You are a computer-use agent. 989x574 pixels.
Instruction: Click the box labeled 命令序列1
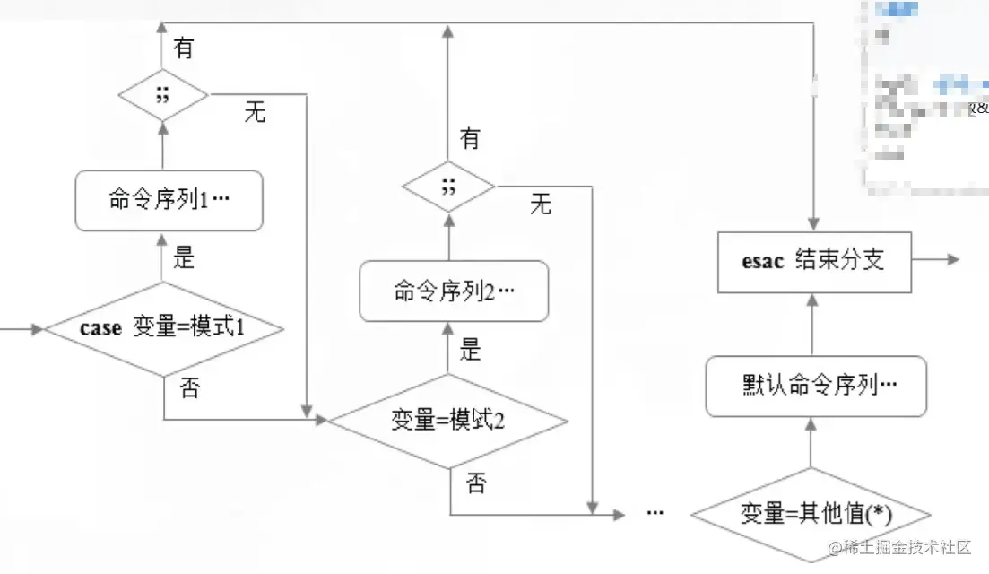coord(169,199)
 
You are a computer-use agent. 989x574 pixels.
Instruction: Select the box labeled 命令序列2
coord(453,291)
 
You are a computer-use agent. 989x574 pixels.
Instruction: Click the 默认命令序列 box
coord(816,385)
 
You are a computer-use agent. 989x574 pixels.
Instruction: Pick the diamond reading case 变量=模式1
coord(164,328)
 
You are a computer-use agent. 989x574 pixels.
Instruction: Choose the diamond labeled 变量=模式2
coord(448,420)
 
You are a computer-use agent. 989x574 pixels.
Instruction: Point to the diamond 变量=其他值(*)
coord(811,514)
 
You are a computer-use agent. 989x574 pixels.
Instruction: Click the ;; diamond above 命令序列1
coord(162,94)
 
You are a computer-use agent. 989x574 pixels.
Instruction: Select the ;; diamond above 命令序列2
coord(448,187)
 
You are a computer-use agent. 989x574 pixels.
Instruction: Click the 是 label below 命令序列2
coord(471,350)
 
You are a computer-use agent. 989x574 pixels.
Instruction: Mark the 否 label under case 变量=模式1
coord(189,389)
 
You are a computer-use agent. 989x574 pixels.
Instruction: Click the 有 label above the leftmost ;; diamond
coord(184,48)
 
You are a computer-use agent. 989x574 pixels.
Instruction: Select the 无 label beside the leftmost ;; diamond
coord(255,113)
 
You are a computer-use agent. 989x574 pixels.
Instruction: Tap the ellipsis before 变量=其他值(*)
coord(655,513)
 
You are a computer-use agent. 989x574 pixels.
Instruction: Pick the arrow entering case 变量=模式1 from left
coord(22,329)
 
